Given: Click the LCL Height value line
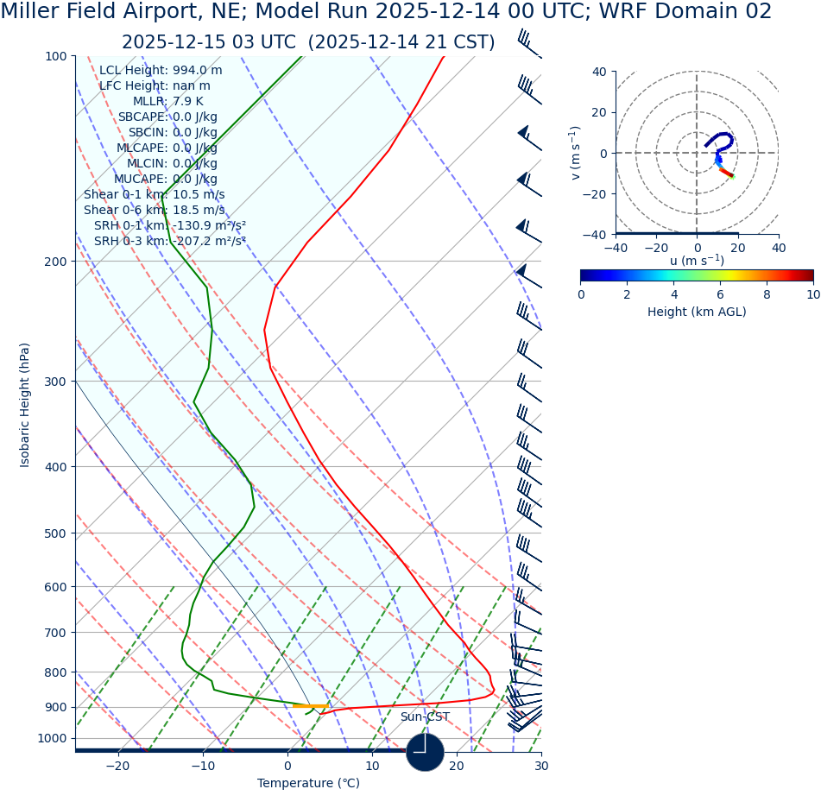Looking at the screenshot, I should (x=161, y=70).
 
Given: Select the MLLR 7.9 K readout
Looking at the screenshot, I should (x=167, y=101).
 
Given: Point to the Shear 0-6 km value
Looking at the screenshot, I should (x=154, y=210).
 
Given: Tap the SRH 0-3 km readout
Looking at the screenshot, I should (x=169, y=241).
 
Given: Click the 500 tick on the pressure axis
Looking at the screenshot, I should (x=55, y=533).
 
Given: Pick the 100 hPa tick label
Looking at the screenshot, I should (x=55, y=56).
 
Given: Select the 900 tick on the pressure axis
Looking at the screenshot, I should (x=55, y=707).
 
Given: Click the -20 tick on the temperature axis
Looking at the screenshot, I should (x=117, y=766).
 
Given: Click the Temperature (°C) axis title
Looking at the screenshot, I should (x=308, y=783).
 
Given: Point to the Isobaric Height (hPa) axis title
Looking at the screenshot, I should (x=25, y=405).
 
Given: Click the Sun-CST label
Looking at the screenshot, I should (x=425, y=716).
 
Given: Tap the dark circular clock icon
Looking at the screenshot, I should (x=425, y=752).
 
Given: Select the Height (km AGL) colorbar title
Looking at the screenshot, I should (x=697, y=312).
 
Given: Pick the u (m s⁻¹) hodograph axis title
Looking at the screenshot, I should (x=697, y=261).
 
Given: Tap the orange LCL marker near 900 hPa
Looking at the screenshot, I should (x=310, y=706).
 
